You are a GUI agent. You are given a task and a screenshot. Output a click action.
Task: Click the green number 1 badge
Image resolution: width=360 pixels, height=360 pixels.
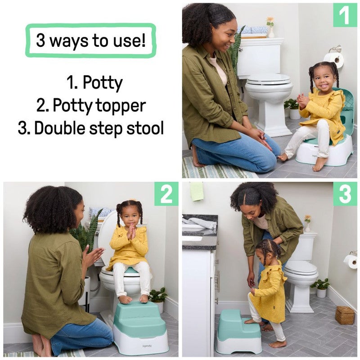(x=344, y=15)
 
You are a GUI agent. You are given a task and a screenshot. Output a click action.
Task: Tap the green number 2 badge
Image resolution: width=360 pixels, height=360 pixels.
(x=166, y=194)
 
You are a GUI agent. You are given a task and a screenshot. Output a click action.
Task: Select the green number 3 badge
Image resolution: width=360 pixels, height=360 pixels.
(x=345, y=194)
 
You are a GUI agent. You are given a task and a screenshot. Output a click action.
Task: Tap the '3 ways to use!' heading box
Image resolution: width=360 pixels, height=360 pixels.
(x=90, y=40)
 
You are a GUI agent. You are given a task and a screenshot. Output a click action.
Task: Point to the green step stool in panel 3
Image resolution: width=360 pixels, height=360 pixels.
(x=238, y=332)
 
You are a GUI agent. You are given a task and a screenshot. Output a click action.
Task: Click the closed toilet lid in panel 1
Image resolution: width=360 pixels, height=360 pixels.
(x=269, y=79)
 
